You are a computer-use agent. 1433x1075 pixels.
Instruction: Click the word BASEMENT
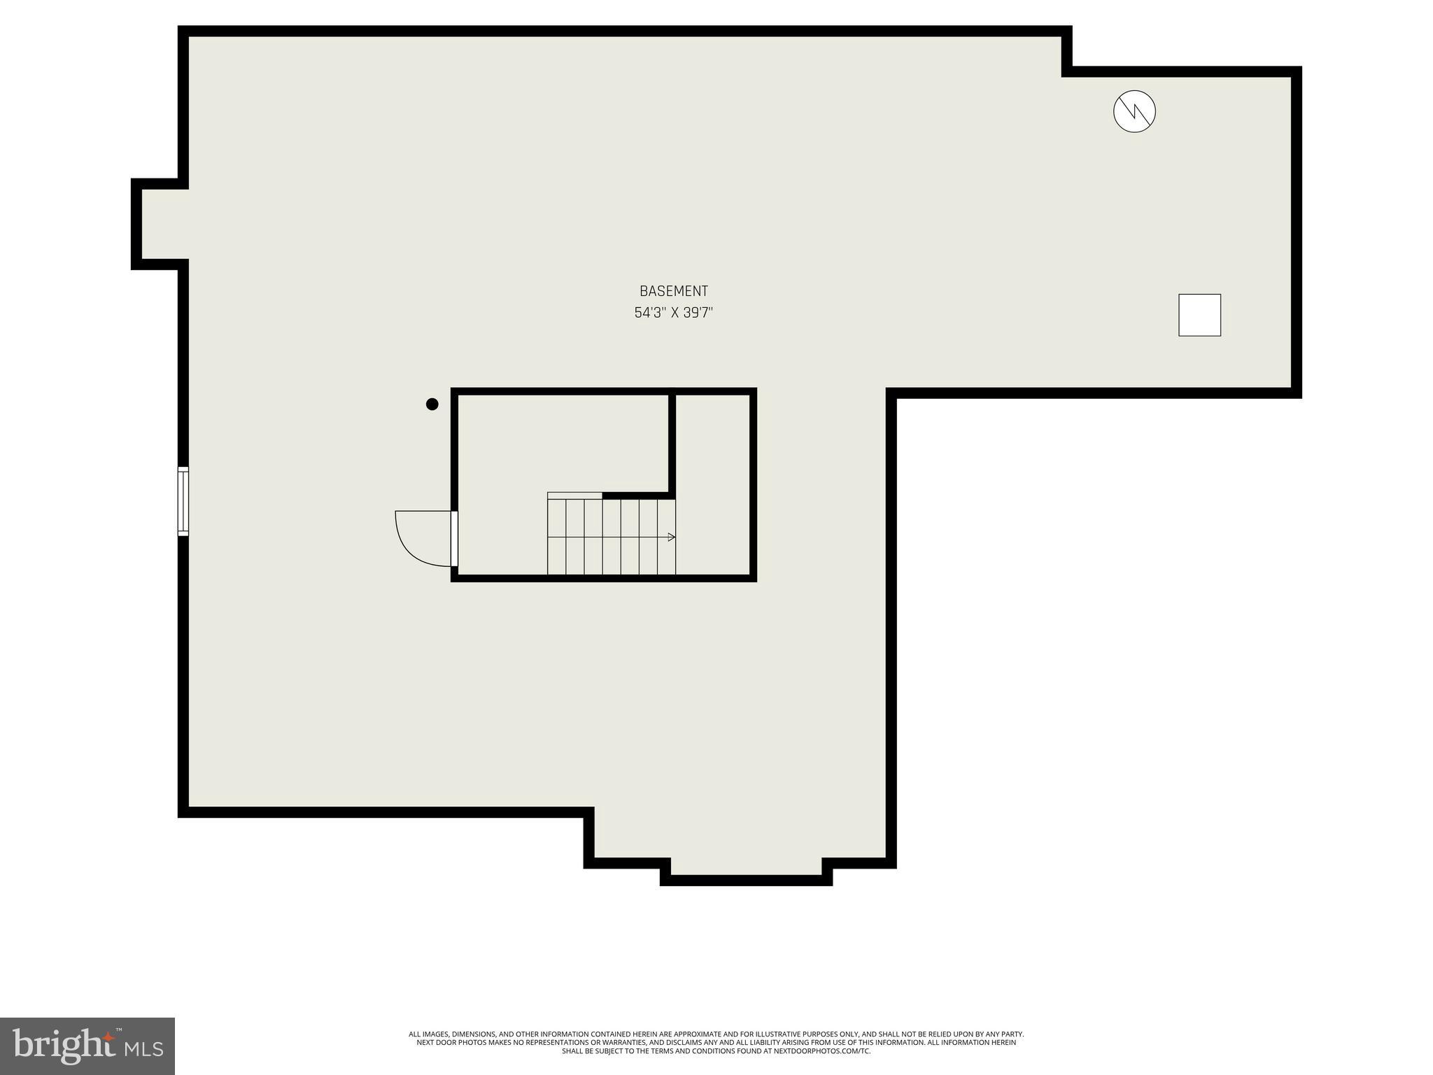673,291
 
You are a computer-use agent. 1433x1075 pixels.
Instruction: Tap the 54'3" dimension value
649,313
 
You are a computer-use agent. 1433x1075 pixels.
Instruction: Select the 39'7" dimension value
698,313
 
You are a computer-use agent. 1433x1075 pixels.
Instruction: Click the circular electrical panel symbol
1134,111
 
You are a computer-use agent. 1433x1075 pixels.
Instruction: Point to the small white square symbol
1199,315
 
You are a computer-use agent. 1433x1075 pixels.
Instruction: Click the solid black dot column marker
432,404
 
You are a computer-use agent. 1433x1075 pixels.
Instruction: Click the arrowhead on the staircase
672,537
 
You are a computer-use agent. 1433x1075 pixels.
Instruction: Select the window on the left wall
183,501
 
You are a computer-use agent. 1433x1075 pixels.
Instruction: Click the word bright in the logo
63,1046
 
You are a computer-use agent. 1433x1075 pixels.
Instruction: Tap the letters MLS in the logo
144,1049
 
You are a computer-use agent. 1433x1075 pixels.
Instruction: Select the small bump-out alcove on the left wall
160,224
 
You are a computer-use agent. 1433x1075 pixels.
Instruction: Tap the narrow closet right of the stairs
713,483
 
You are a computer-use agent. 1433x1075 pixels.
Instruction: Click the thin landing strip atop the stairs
574,496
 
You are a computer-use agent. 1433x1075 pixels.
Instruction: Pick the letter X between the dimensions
675,313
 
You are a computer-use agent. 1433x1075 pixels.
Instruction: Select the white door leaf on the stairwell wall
454,539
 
